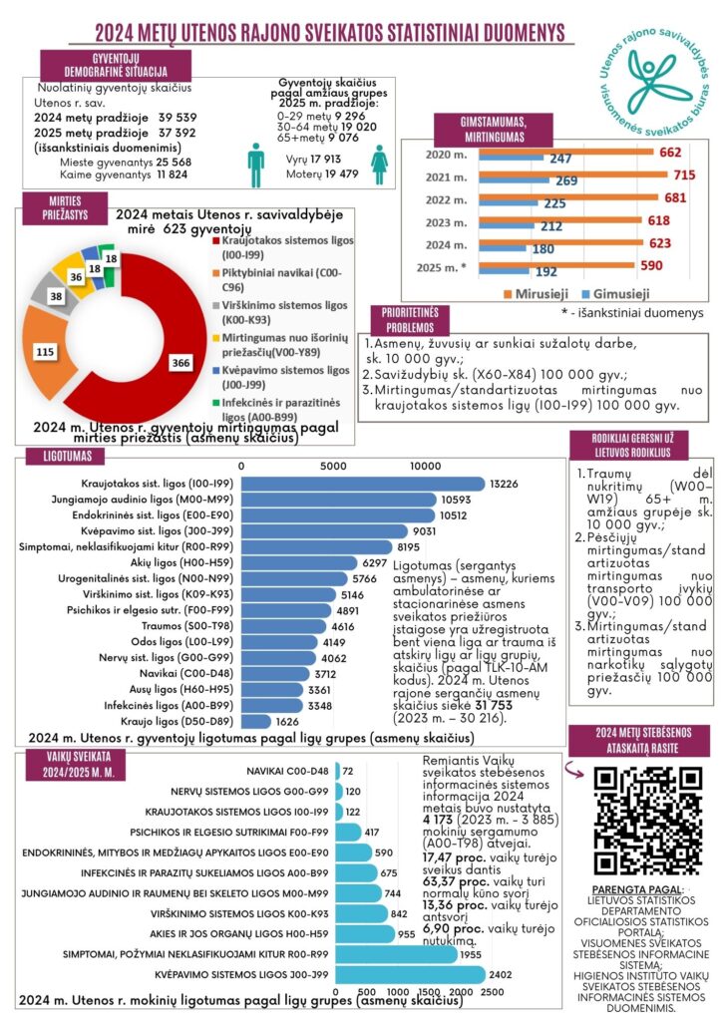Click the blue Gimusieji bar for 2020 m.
tap(510, 160)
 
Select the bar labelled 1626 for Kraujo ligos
tap(256, 720)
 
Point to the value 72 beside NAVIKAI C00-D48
tap(348, 771)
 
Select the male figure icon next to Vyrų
tap(256, 164)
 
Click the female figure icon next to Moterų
tap(379, 164)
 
